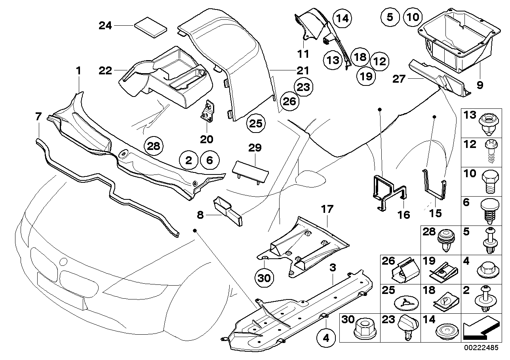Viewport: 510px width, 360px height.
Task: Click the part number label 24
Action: point(105,26)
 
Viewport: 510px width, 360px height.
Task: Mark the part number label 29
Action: point(255,148)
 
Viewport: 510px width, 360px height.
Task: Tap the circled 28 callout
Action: point(154,146)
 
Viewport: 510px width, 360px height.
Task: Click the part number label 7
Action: point(38,116)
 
